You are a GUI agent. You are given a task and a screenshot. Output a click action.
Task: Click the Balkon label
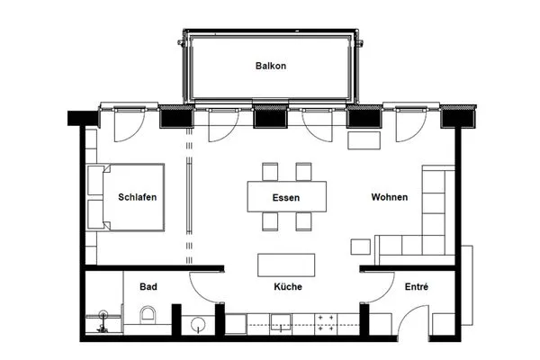click(270, 67)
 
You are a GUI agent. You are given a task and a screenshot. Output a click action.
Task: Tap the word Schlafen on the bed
click(138, 197)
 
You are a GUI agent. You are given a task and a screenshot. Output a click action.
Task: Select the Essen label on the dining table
click(286, 197)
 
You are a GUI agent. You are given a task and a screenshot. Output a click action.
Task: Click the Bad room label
click(148, 287)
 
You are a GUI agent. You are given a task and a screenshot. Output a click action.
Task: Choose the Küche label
click(287, 287)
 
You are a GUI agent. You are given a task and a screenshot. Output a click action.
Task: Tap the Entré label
click(417, 287)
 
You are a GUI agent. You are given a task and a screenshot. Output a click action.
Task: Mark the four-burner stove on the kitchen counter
click(326, 323)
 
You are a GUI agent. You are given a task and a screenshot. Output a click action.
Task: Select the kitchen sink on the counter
click(280, 322)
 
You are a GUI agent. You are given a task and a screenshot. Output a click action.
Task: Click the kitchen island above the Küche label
click(287, 265)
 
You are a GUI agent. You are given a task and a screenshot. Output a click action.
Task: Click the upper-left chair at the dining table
click(270, 171)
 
